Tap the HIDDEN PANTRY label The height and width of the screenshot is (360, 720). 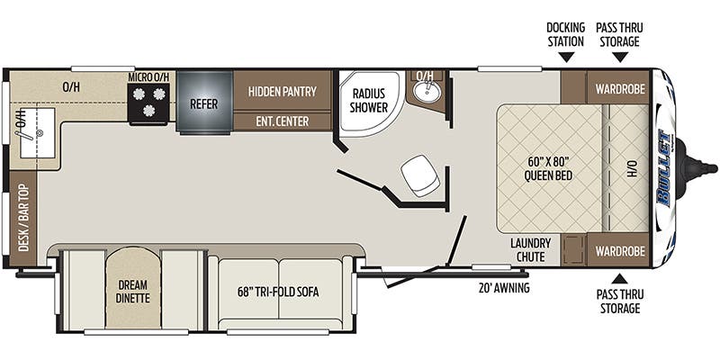(x=283, y=91)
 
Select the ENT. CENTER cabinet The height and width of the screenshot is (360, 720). (x=283, y=121)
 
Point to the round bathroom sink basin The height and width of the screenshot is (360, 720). (x=427, y=90)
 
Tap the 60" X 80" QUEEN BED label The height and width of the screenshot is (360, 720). (x=549, y=168)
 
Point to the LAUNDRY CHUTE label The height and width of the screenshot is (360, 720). (x=530, y=249)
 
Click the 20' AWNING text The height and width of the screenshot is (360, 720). (x=503, y=288)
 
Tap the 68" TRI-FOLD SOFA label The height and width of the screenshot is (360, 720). (x=278, y=292)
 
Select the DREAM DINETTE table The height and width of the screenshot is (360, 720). (x=132, y=288)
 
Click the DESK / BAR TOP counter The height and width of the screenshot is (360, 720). (x=23, y=218)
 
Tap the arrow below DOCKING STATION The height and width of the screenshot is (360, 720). (x=566, y=57)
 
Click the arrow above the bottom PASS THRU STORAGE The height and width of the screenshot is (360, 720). (x=619, y=278)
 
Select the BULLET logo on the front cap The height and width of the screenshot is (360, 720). (x=664, y=167)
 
